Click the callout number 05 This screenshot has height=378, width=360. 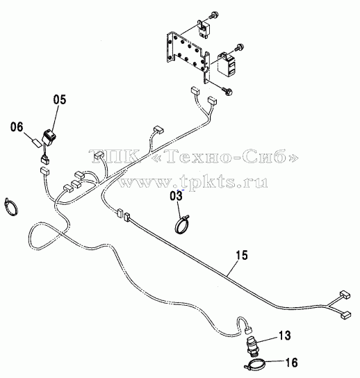(x=60, y=99)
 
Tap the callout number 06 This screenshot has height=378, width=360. (x=17, y=127)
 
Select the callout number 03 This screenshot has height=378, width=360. (x=177, y=195)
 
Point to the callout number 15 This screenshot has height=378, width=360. (x=242, y=255)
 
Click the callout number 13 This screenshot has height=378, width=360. (x=285, y=336)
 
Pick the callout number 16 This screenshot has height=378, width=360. (x=291, y=362)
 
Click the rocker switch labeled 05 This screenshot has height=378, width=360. (x=49, y=137)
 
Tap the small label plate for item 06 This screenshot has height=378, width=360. (x=37, y=143)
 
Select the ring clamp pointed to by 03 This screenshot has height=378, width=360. (x=182, y=224)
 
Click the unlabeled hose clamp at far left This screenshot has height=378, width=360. (x=10, y=207)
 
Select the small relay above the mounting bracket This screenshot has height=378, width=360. (x=203, y=28)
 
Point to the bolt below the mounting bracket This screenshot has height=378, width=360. (x=227, y=91)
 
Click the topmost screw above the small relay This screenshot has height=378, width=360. (x=213, y=15)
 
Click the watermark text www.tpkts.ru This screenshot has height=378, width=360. (x=193, y=181)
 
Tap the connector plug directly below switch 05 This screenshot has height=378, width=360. (x=45, y=159)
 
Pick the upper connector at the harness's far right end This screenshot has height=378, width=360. (x=345, y=295)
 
